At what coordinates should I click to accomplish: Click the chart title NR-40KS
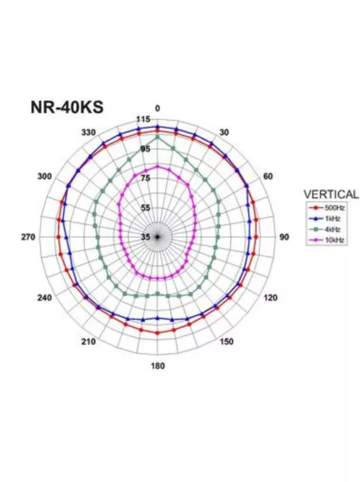pos(67,107)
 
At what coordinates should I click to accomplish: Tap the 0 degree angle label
pos(157,108)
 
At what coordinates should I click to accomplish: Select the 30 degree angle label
pos(224,132)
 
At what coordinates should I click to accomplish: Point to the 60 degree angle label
pos(268,176)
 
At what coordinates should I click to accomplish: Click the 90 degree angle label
pos(284,237)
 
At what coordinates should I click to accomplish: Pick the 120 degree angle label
pos(270,298)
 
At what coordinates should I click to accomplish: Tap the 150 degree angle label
pos(226,341)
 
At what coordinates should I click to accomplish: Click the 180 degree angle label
pos(157,366)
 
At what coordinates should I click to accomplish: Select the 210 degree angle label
pos(89,341)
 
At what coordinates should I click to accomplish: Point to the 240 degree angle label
pos(44,298)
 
